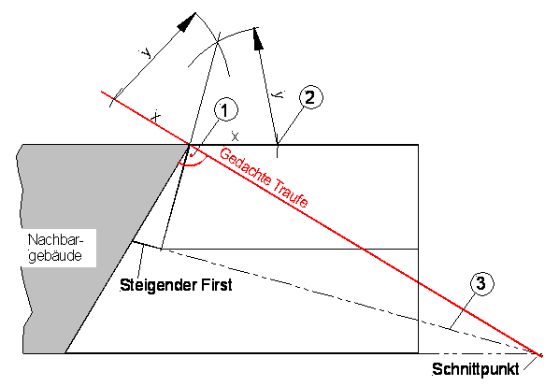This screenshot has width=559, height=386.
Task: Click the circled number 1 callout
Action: coord(225,109)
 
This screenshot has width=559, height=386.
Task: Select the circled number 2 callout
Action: coord(310,97)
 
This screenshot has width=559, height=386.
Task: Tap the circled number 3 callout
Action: coord(481,283)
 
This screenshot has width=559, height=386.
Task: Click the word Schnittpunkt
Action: coord(475,369)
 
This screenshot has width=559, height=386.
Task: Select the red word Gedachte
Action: coord(245,166)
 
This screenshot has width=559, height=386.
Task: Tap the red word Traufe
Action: coord(292,194)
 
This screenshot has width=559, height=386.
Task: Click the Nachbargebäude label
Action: coord(55,248)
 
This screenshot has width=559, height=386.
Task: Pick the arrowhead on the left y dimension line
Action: coord(187,22)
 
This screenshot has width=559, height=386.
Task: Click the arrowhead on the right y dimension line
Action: coord(258,38)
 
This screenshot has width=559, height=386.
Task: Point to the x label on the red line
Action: coord(155,116)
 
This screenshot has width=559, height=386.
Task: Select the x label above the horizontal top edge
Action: coord(235,136)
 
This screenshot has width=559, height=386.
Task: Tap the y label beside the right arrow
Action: coord(279,94)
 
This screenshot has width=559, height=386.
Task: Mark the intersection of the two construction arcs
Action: coord(217,43)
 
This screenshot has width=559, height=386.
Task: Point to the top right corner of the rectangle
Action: coord(418,145)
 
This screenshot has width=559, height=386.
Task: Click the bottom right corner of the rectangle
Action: coord(418,353)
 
